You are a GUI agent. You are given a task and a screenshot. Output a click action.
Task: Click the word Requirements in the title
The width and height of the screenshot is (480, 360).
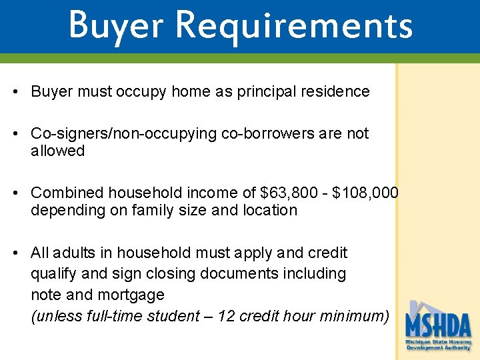(295, 25)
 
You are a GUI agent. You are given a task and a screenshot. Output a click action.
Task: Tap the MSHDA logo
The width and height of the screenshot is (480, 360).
(438, 327)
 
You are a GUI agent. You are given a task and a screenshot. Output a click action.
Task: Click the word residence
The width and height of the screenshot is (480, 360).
(338, 91)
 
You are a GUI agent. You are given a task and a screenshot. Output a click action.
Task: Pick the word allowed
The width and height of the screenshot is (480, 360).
(57, 151)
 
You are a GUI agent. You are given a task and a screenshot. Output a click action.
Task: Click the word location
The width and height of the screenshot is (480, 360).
(269, 210)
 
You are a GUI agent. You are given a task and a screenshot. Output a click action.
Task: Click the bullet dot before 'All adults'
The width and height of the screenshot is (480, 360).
(15, 253)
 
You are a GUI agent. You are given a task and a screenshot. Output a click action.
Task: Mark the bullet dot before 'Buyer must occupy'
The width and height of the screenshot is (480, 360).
(15, 92)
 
